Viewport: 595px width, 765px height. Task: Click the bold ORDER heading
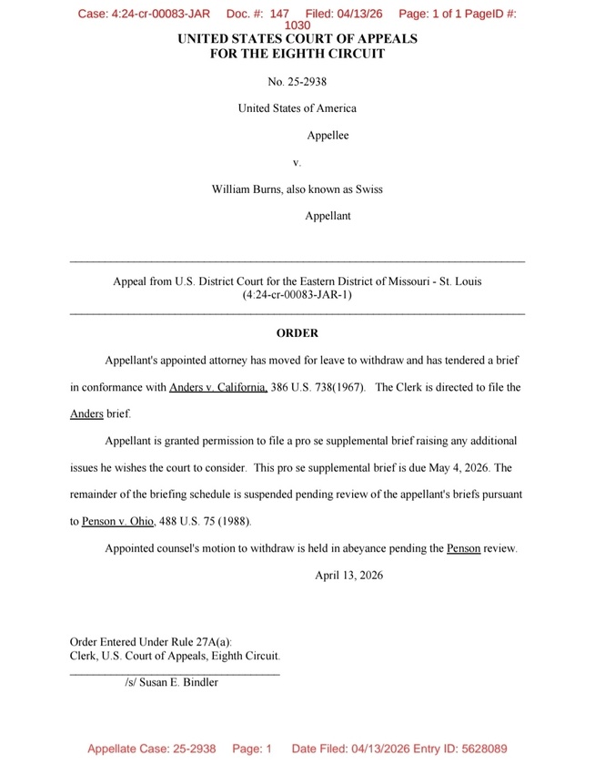point(297,333)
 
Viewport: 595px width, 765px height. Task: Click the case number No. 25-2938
point(297,80)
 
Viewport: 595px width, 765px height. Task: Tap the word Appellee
point(328,136)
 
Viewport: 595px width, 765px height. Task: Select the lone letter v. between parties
point(297,162)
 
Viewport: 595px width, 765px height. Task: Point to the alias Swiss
point(368,189)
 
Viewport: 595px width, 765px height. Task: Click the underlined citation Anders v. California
point(218,387)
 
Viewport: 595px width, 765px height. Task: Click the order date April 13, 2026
point(348,576)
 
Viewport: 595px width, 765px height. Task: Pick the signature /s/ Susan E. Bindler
point(171,681)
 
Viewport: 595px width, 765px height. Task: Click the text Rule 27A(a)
point(210,641)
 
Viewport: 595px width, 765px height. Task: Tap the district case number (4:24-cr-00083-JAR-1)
point(297,295)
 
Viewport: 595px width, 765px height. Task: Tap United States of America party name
point(297,108)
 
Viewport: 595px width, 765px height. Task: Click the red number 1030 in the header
point(297,27)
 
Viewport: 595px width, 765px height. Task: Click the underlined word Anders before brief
point(86,413)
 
